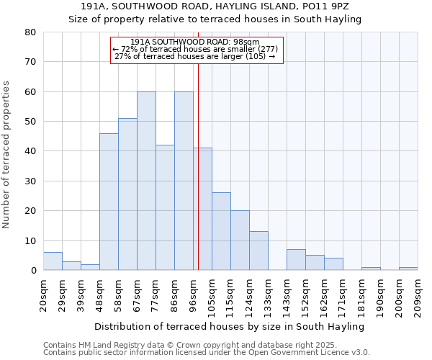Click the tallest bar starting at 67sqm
[146, 181]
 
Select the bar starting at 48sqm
[109, 202]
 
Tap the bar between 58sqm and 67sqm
[127, 194]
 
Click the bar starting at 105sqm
[221, 231]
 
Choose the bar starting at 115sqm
[240, 240]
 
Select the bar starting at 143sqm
[296, 260]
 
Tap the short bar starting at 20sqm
[53, 261]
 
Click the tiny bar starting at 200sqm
[408, 269]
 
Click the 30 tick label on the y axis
[30, 181]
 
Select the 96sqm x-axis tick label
[193, 294]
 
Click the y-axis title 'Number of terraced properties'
[6, 155]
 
